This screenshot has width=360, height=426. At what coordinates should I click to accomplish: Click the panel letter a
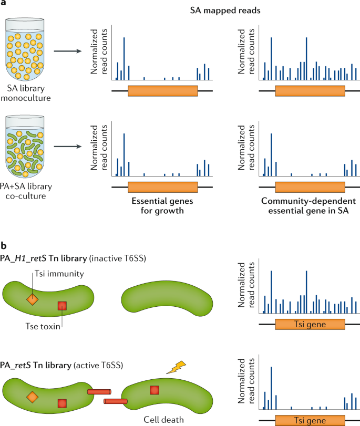pyautogui.click(x=4, y=4)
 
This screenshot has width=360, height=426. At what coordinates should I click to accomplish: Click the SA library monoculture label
pyautogui.click(x=26, y=91)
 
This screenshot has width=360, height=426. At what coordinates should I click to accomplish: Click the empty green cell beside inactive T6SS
pyautogui.click(x=168, y=300)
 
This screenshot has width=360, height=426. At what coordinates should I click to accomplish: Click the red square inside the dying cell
pyautogui.click(x=154, y=390)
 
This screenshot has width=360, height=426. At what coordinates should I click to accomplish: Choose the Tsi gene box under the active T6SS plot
pyautogui.click(x=310, y=421)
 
